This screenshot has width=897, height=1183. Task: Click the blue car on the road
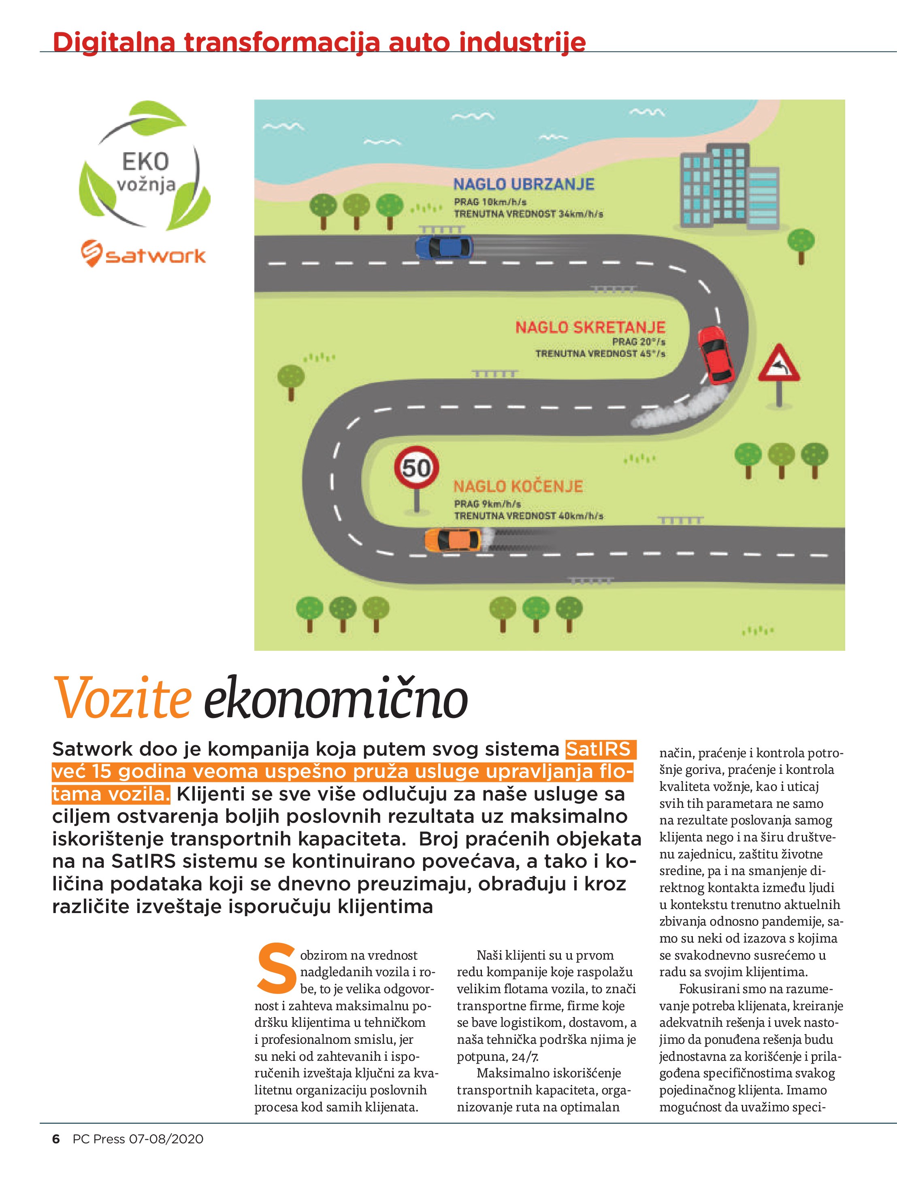444,247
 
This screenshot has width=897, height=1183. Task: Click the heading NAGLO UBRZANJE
524,185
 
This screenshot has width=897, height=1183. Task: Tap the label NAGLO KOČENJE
518,486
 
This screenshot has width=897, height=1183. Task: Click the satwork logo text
155,256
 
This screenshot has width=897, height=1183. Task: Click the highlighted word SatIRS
599,749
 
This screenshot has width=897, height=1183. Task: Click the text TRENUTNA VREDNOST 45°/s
600,353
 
